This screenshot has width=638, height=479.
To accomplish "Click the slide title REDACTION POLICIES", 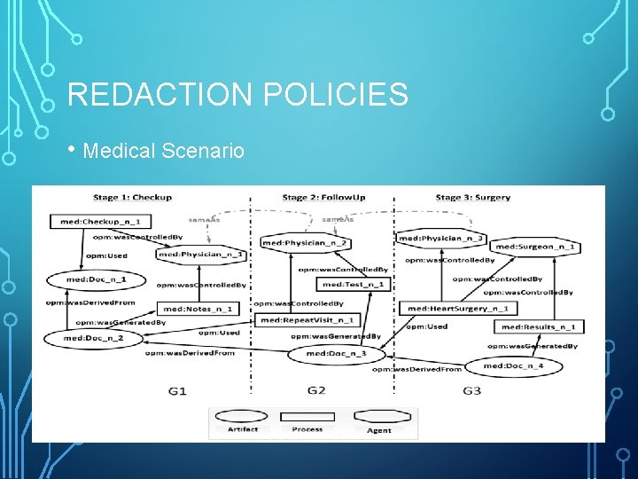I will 237,94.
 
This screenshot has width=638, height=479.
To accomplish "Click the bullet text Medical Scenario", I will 162,151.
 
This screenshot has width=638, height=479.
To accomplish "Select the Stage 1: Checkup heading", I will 133,197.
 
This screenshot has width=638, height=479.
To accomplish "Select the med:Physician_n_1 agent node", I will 201,255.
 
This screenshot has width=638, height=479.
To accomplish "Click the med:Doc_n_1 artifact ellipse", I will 96,279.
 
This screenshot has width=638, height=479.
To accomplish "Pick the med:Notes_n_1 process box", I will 198,309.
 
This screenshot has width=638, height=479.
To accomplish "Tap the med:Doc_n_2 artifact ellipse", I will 94,338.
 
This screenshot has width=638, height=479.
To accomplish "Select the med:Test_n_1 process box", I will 354,285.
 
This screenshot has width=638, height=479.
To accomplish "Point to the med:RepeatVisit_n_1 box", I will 307,319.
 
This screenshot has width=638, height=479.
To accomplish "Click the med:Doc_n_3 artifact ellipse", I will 336,354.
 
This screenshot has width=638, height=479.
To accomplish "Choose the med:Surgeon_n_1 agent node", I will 535,247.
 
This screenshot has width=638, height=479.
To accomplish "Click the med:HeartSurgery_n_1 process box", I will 457,309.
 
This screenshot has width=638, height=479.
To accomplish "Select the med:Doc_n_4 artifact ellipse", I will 524,365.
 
